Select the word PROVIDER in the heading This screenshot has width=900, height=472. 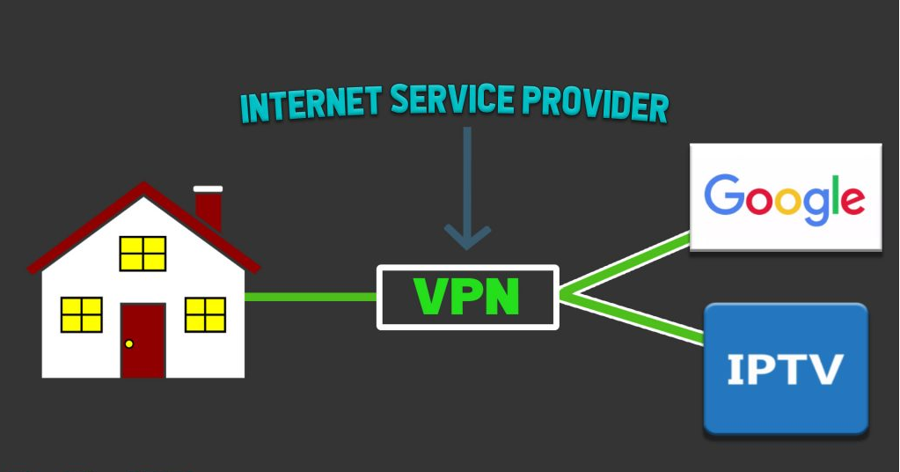598,104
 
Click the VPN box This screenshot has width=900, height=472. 468,297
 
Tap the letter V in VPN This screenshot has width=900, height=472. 428,297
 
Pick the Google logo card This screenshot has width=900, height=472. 785,196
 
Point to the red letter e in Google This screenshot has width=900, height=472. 850,201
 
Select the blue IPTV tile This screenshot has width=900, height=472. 786,368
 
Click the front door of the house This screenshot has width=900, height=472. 143,340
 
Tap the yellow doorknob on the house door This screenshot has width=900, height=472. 129,343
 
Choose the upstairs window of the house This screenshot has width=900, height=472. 143,253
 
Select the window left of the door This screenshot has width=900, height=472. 82,314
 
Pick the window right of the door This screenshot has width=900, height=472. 205,314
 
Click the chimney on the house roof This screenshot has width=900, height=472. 209,208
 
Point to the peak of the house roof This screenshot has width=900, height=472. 143,186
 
